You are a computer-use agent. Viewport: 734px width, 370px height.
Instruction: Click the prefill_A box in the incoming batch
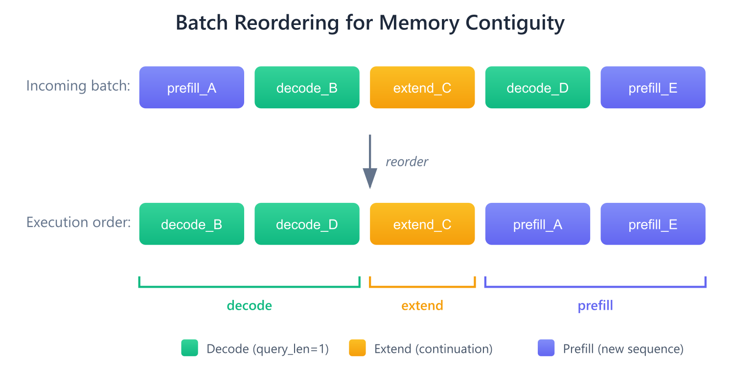[x=191, y=87]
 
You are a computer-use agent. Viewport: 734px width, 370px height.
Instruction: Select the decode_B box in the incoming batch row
[x=307, y=87]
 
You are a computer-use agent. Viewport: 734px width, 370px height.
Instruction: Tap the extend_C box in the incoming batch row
[x=422, y=87]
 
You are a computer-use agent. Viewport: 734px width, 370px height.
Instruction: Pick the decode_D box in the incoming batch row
[x=537, y=87]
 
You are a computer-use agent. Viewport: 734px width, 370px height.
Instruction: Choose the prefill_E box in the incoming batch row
[x=653, y=87]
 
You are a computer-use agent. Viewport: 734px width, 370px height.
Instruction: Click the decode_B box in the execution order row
[x=191, y=224]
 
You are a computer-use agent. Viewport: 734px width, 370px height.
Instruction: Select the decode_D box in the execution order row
[x=307, y=224]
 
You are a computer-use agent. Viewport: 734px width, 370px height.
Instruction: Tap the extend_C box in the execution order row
[x=422, y=224]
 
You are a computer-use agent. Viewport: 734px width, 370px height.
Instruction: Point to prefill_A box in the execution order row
[x=537, y=224]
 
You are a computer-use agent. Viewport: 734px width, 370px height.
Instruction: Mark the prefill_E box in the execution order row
[x=653, y=224]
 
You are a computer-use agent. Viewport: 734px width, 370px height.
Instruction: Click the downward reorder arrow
[x=369, y=162]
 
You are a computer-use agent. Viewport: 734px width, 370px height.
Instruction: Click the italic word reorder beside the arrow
[x=407, y=162]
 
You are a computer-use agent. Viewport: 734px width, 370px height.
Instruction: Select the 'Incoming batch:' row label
[x=78, y=86]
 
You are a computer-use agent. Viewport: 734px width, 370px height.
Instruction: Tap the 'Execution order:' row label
[x=78, y=222]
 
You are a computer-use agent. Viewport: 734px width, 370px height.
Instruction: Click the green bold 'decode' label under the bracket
[x=249, y=306]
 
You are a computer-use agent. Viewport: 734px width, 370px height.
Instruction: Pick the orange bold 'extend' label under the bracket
[x=422, y=306]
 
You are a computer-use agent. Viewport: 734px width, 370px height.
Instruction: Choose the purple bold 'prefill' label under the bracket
[x=595, y=306]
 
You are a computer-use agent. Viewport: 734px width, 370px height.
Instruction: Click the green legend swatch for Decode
[x=189, y=348]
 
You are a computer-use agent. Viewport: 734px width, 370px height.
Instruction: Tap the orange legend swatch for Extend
[x=357, y=348]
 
